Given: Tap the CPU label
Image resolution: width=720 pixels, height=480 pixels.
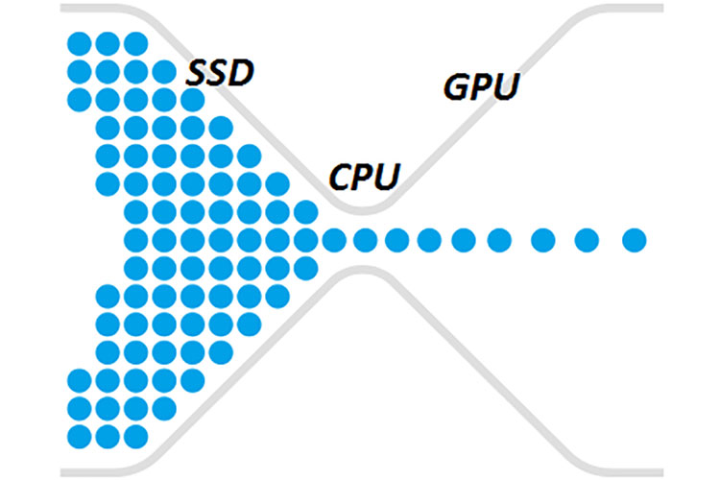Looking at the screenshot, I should [x=365, y=176].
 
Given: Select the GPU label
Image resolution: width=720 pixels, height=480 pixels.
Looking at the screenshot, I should [x=481, y=86].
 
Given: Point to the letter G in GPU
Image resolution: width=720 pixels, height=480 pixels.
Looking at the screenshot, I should [x=457, y=87].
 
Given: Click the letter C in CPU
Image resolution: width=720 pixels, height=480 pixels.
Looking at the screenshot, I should [x=341, y=177].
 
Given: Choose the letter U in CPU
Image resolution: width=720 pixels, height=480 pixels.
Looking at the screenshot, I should [x=389, y=176].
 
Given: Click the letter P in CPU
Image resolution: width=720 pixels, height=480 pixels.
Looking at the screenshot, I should [x=365, y=176].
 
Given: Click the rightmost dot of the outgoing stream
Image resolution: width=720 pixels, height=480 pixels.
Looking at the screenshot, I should [x=634, y=239].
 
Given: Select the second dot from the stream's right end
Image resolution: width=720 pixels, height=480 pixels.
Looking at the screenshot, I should [x=588, y=239].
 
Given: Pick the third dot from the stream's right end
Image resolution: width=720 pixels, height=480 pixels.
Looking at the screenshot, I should [x=543, y=239].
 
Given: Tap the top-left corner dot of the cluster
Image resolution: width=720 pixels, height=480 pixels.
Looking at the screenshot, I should [x=80, y=43].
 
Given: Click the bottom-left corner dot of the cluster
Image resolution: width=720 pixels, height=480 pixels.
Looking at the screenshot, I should [x=80, y=435].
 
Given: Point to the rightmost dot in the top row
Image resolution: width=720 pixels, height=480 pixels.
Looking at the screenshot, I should [x=136, y=43].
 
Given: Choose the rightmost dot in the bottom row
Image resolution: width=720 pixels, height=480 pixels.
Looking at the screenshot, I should [x=136, y=435].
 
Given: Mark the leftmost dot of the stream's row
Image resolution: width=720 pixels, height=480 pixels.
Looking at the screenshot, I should [x=136, y=239].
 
